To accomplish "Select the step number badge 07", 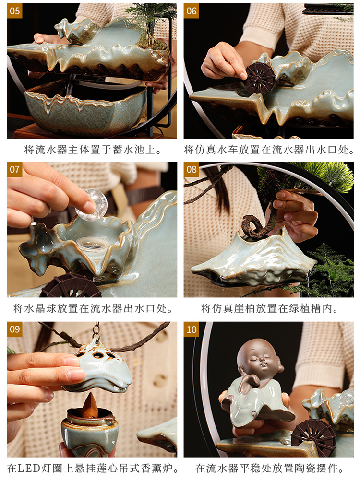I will (x=15, y=169).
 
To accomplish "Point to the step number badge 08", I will (x=192, y=169).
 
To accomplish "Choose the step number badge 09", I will (x=15, y=329).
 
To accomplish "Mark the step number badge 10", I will (x=192, y=329).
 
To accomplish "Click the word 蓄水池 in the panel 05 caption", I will (x=126, y=150).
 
